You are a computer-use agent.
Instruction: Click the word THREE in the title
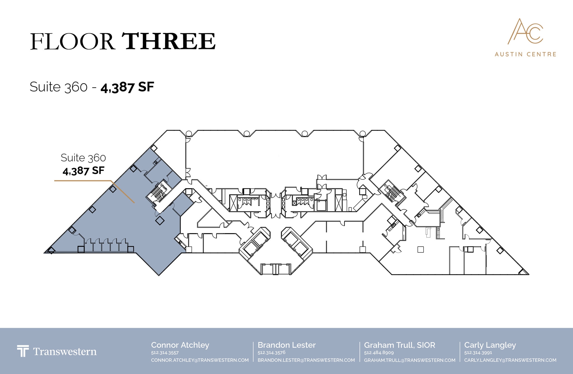click(169, 41)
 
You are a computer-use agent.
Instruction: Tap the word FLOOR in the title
click(72, 42)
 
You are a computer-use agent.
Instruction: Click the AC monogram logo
click(525, 31)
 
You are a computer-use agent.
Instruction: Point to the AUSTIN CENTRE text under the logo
click(525, 54)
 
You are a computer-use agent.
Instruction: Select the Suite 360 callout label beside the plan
click(83, 158)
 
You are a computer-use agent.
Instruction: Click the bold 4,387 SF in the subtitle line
click(127, 87)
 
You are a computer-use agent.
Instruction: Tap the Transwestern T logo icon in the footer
click(23, 351)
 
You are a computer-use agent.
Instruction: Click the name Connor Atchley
click(180, 345)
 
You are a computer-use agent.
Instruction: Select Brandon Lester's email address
click(306, 360)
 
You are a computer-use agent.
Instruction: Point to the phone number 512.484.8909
click(379, 353)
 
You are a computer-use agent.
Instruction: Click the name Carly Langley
click(490, 345)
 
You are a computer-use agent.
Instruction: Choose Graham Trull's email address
click(410, 360)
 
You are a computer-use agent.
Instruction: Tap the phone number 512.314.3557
click(165, 353)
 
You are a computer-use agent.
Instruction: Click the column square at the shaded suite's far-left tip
click(51, 250)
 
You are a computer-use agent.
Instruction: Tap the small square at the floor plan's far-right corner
click(522, 272)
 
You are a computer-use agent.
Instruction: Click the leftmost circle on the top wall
click(189, 134)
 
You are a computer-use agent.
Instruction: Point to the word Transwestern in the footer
click(65, 351)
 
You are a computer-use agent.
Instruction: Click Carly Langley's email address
click(510, 360)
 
